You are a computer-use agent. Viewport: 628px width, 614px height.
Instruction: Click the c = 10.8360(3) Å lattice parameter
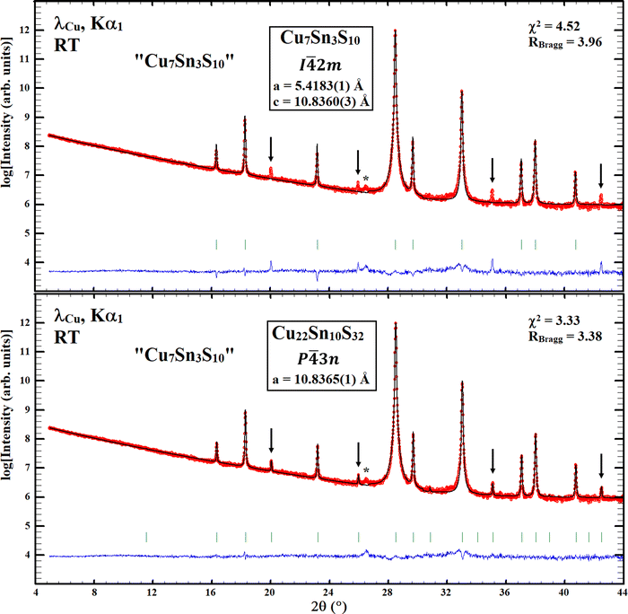pos(321,101)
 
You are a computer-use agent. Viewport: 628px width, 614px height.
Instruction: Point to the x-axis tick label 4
pos(36,592)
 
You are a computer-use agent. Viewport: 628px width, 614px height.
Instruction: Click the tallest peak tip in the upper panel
pos(395,31)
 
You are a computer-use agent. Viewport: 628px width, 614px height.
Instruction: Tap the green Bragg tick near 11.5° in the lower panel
pos(146,537)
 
